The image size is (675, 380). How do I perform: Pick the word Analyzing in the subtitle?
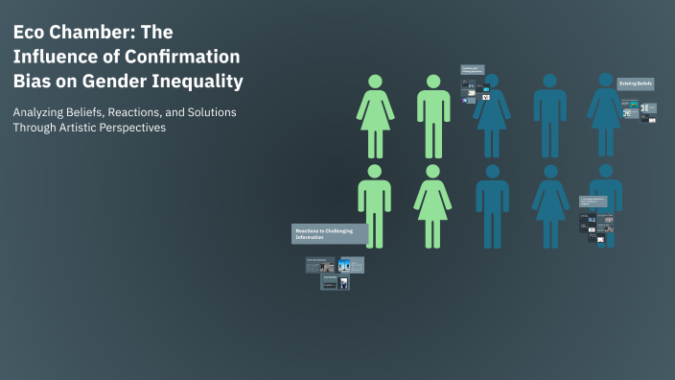tap(40, 112)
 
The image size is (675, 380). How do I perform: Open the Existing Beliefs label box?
tap(635, 84)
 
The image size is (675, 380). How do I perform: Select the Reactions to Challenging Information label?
tap(329, 234)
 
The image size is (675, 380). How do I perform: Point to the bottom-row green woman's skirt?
tap(432, 205)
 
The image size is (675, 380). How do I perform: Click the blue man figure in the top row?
tap(549, 115)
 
